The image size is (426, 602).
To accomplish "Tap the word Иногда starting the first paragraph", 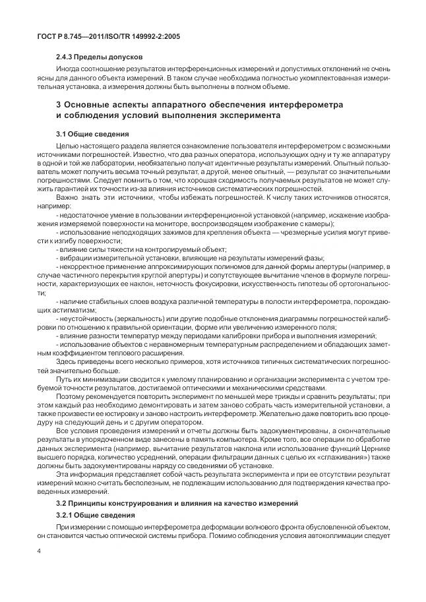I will (x=69, y=71).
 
